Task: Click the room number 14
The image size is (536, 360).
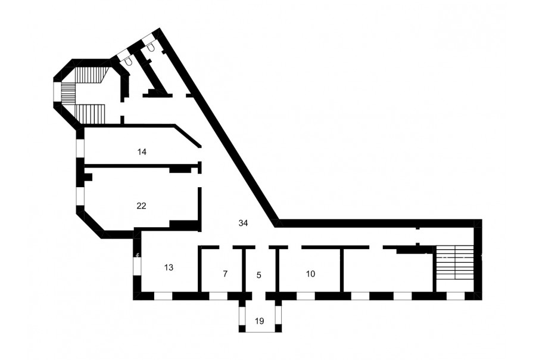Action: pos(142,151)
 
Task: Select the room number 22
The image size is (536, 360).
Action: pos(142,206)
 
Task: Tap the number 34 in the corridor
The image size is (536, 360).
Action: pos(243,223)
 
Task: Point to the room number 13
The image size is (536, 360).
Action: pos(169,267)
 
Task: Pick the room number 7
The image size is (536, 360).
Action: pos(225,274)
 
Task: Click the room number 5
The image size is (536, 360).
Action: pos(259,275)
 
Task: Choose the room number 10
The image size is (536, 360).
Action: pos(310,274)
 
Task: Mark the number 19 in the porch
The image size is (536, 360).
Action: pos(260,321)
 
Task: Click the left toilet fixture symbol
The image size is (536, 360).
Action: pos(129,61)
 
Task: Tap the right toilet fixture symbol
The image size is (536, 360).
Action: pos(151,48)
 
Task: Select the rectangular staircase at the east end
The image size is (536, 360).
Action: pos(455,266)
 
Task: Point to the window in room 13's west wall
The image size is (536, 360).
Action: pos(137,266)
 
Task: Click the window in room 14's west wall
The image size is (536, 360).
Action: pos(80,148)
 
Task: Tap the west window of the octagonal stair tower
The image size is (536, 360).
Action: pos(57,92)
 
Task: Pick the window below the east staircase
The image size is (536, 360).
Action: pos(454,296)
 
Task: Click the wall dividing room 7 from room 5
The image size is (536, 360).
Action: pos(244,271)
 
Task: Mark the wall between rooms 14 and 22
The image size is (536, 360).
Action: pos(142,166)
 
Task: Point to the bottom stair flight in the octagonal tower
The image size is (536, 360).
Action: pos(89,114)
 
